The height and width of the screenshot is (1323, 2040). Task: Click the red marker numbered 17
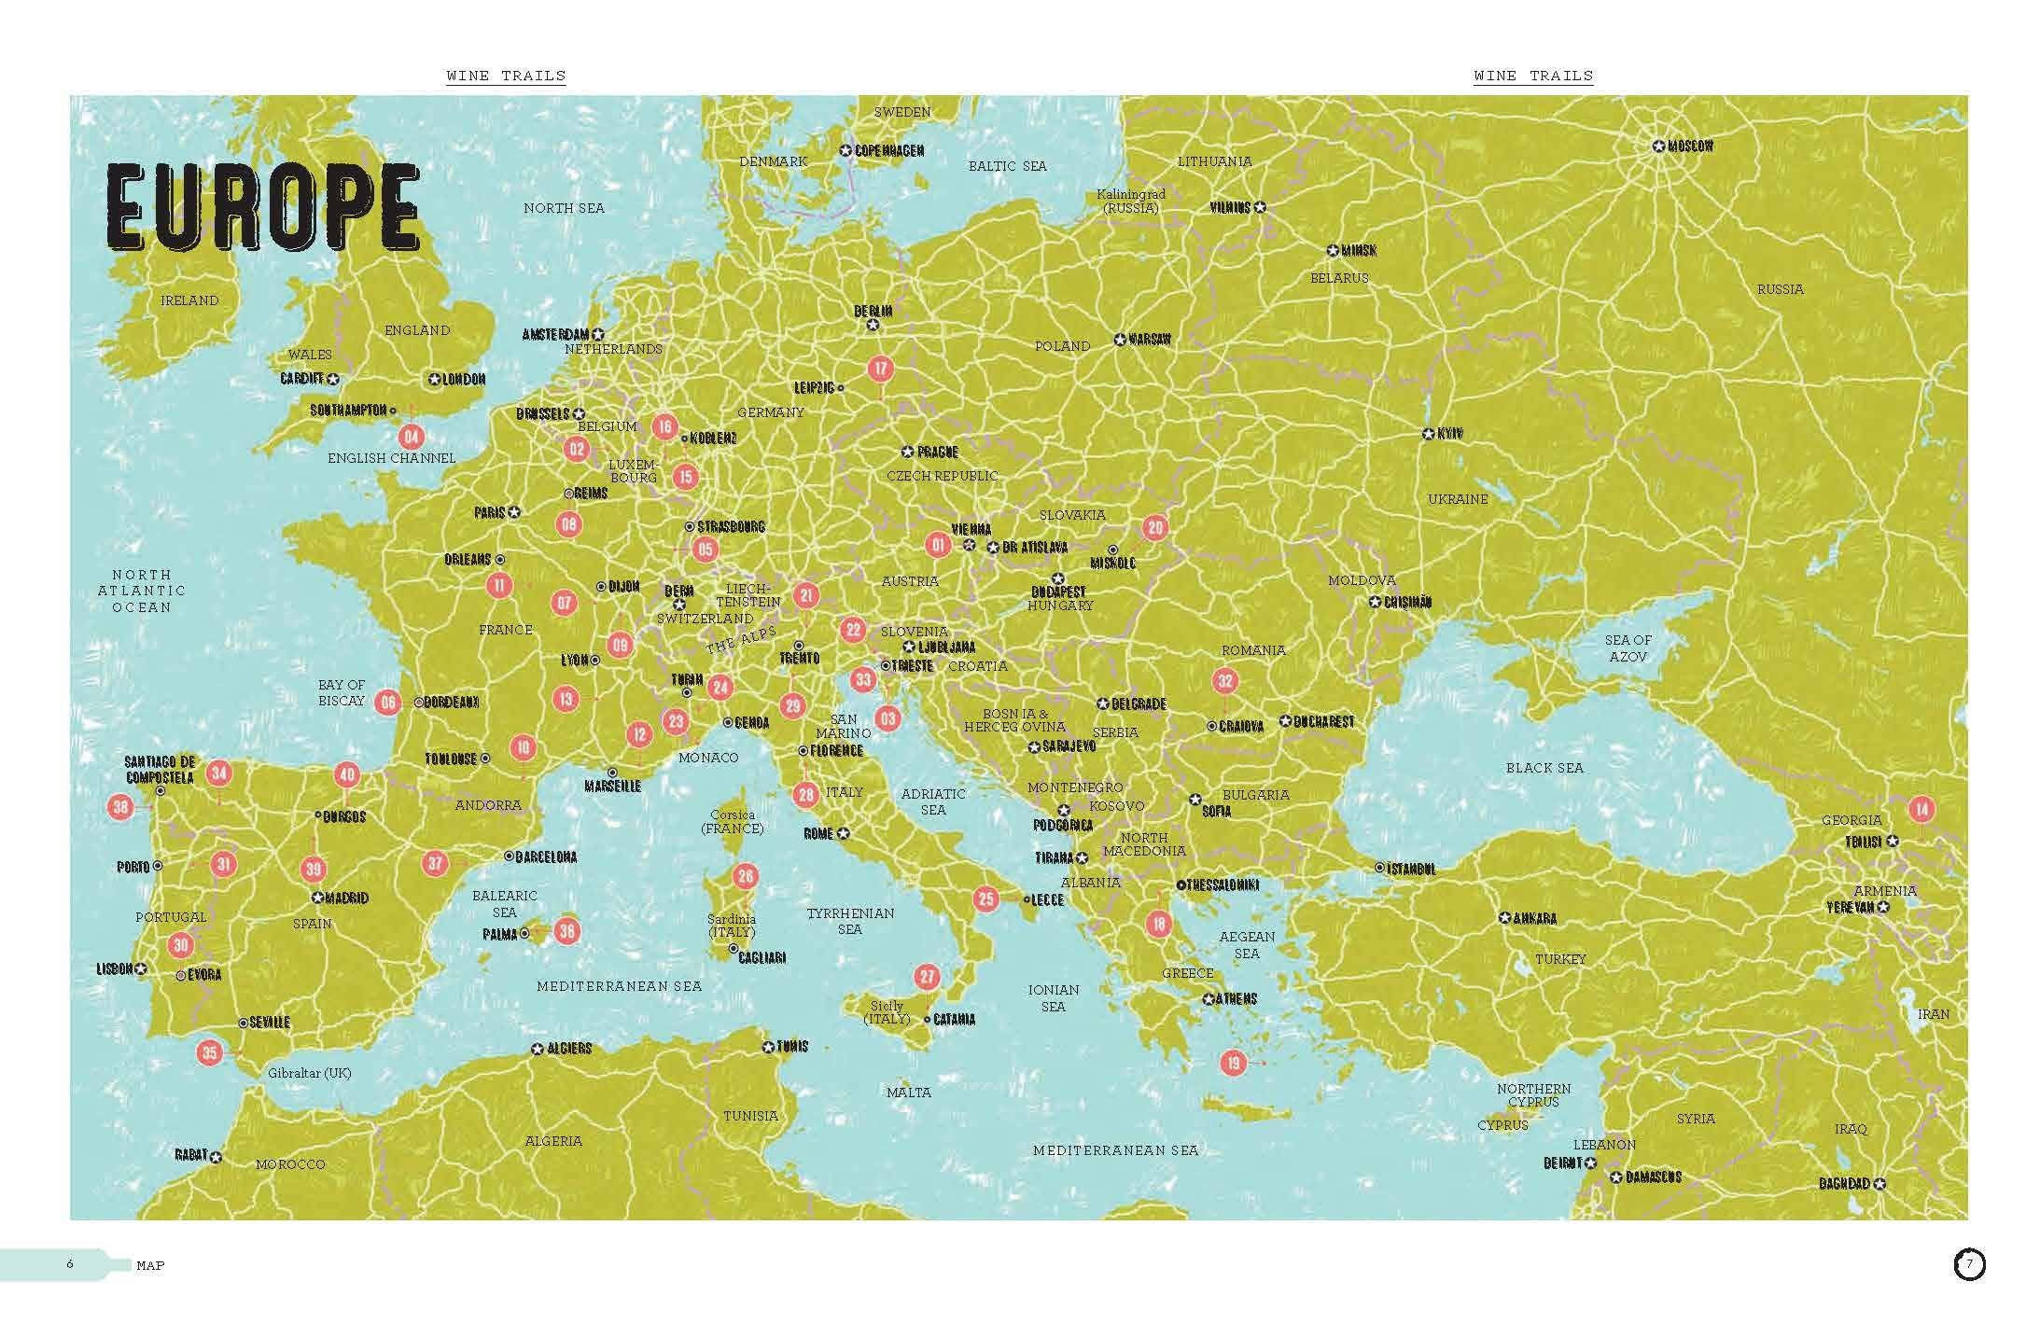880,368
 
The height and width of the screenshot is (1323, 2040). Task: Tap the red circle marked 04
411,436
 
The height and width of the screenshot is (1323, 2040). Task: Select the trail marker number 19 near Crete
1234,1062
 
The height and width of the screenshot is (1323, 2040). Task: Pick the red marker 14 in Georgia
1921,809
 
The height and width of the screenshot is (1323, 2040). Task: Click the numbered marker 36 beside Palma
566,930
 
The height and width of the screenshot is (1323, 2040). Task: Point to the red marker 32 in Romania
1224,681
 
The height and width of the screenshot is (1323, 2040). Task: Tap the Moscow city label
1689,146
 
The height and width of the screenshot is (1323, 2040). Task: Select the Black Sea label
1544,768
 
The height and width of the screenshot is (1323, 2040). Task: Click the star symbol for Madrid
317,898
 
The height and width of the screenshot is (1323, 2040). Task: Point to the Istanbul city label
1411,869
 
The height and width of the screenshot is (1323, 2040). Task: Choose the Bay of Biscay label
342,692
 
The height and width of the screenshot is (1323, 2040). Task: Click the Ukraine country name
1458,499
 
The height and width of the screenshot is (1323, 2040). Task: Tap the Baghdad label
1845,1183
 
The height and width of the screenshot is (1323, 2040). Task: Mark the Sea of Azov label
1628,648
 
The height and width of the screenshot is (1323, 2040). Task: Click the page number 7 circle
1969,1265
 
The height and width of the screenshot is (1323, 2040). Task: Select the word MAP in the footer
150,1265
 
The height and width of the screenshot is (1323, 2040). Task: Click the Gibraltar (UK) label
310,1073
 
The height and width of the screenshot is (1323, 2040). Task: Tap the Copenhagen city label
889,150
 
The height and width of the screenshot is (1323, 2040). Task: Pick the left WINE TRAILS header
506,76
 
